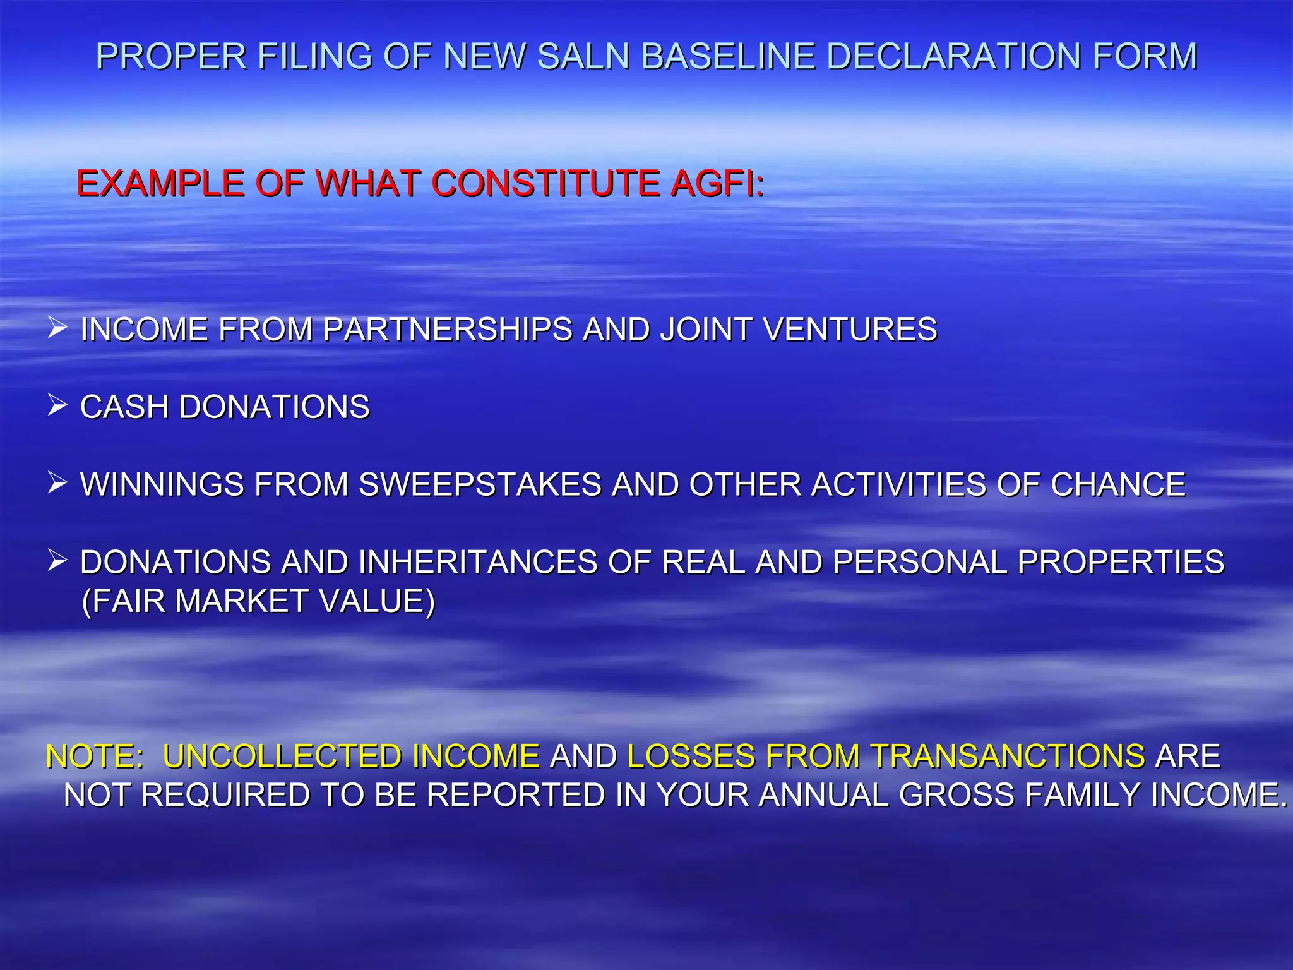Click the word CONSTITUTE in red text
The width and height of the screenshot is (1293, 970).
[x=545, y=184]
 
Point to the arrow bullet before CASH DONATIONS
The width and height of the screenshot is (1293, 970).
[x=57, y=405]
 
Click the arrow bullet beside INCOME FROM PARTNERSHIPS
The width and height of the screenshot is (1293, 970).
[x=57, y=328]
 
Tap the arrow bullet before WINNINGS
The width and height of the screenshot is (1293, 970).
[x=57, y=483]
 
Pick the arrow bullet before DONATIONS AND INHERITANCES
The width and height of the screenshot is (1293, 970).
[x=57, y=561]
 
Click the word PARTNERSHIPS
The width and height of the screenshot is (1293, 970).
[x=447, y=330]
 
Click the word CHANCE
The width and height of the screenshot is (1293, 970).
[x=1118, y=485]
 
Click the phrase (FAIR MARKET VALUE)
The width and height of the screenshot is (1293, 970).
[x=258, y=601]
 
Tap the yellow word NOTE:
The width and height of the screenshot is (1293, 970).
[x=95, y=757]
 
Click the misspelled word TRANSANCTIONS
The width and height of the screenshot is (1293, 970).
[x=1008, y=757]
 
